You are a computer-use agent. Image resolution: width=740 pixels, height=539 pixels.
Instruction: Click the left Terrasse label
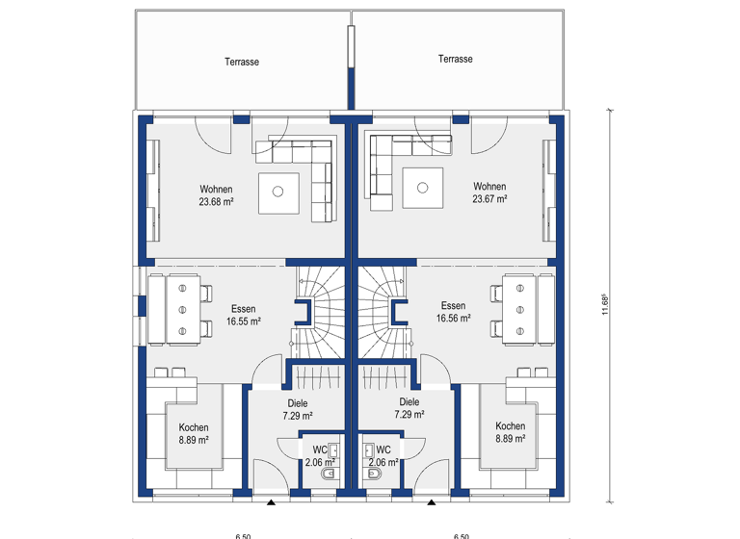pos(242,62)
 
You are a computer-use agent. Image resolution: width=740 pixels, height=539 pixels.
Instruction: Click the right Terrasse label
pos(455,59)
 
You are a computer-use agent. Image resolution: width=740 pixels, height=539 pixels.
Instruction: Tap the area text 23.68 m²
pos(217,202)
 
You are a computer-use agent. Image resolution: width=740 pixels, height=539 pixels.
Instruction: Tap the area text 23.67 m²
pos(489,199)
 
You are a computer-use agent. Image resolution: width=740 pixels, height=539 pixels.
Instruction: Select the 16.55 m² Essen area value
pos(243,323)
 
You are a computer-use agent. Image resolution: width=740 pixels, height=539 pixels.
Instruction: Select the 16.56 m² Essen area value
pos(453,319)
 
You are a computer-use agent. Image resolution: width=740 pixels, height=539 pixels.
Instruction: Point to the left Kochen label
pos(193,427)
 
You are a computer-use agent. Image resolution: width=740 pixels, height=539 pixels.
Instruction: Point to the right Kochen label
pos(510,426)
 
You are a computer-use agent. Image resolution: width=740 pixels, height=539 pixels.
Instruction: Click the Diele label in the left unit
pos(297,404)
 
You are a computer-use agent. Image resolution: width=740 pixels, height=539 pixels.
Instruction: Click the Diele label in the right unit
pos(410,402)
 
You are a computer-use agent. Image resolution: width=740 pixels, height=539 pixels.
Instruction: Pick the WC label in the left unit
pos(319,449)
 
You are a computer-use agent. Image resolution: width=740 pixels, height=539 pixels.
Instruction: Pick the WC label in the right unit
pos(383,449)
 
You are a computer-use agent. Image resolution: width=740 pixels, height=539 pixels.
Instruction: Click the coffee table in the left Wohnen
pos(277,191)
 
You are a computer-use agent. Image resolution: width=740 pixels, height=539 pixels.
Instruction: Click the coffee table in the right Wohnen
pos(422,187)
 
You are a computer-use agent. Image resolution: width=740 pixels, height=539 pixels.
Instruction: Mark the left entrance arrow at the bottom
pos(272,501)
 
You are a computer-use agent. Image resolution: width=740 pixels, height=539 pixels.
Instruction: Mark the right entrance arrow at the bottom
pos(432,501)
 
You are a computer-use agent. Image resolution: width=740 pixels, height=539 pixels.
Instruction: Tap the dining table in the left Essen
pos(182,308)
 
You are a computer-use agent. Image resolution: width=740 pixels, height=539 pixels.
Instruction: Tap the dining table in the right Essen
pos(520,308)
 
